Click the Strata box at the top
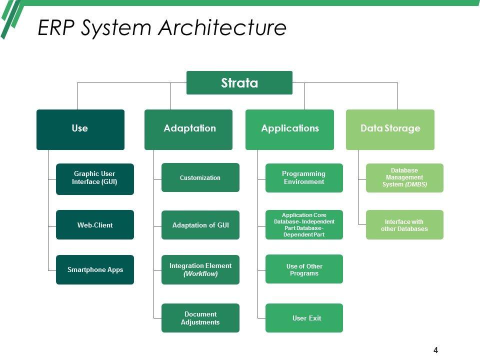click(x=239, y=82)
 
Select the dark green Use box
click(x=80, y=129)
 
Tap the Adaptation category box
click(x=188, y=129)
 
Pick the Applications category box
click(x=289, y=129)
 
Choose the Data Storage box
click(x=390, y=129)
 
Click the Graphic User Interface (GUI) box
click(x=95, y=178)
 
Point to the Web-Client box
click(x=95, y=225)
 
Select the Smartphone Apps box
click(x=95, y=270)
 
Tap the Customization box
click(x=200, y=177)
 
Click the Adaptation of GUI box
click(x=200, y=225)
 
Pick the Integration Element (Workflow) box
click(x=200, y=270)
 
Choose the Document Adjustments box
click(x=200, y=318)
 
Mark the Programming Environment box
click(x=304, y=177)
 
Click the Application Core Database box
click(x=304, y=225)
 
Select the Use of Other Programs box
click(x=304, y=270)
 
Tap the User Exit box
click(x=304, y=318)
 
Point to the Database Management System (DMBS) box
click(x=404, y=177)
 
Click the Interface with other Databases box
click(x=404, y=225)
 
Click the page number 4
click(x=435, y=350)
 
